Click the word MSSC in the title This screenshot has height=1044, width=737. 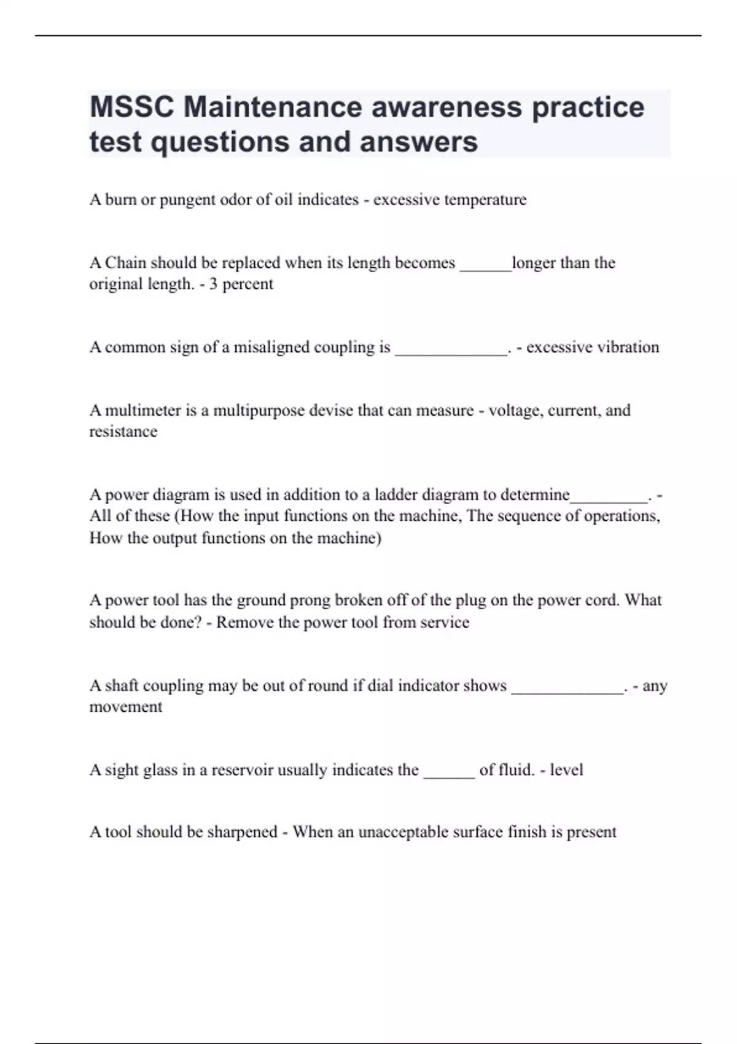pos(131,107)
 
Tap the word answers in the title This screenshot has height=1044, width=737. pos(418,142)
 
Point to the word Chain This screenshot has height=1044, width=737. pos(125,263)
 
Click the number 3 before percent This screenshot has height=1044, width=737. pos(213,284)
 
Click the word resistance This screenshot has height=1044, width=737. pos(123,432)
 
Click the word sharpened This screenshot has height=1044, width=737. pos(243,832)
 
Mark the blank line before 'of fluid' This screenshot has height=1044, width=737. pos(449,775)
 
